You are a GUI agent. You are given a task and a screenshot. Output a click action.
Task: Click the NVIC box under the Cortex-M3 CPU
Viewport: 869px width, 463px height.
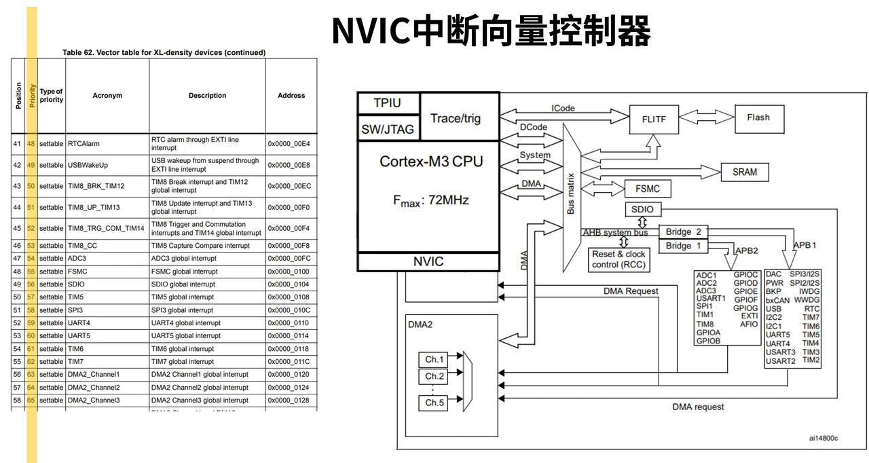pyautogui.click(x=428, y=262)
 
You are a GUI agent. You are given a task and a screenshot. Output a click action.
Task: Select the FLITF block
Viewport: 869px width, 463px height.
pyautogui.click(x=654, y=119)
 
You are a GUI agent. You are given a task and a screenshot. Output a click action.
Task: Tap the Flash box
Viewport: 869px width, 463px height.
pyautogui.click(x=759, y=119)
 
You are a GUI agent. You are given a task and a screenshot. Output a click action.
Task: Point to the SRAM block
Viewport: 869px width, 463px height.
pyautogui.click(x=745, y=172)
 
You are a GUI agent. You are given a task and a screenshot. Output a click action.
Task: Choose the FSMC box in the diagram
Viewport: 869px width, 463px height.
pyautogui.click(x=648, y=189)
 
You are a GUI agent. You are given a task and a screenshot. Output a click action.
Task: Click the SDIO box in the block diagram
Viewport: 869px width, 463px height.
pyautogui.click(x=643, y=209)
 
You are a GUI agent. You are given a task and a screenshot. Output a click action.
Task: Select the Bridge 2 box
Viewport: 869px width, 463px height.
pyautogui.click(x=683, y=232)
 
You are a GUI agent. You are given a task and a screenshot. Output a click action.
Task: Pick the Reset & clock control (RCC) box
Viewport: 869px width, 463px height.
pyautogui.click(x=618, y=260)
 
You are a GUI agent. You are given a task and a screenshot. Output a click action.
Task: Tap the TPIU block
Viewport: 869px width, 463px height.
pyautogui.click(x=388, y=103)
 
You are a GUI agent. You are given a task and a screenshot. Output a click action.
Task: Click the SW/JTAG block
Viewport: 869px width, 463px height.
pyautogui.click(x=388, y=129)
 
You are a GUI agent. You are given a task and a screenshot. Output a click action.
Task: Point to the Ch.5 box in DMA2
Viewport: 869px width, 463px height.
pyautogui.click(x=433, y=403)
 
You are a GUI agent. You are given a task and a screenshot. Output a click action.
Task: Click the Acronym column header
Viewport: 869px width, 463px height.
pyautogui.click(x=107, y=96)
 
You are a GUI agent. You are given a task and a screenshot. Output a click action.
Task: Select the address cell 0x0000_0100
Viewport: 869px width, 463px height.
pyautogui.click(x=289, y=272)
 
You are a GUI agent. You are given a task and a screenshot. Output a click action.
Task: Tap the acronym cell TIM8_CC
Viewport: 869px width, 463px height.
pyautogui.click(x=83, y=246)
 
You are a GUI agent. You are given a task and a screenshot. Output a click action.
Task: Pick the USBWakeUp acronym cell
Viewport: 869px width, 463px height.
pyautogui.click(x=88, y=165)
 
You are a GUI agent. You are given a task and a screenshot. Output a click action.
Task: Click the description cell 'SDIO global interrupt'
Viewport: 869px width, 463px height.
pyautogui.click(x=183, y=284)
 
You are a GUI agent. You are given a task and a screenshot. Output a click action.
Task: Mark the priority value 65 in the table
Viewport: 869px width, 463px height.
pyautogui.click(x=31, y=400)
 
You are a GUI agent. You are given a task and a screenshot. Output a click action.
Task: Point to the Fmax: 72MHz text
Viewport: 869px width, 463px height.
pyautogui.click(x=431, y=201)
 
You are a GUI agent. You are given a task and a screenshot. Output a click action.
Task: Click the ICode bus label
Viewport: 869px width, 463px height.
pyautogui.click(x=563, y=108)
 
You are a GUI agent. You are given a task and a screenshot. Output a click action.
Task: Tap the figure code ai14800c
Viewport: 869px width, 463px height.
pyautogui.click(x=824, y=438)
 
